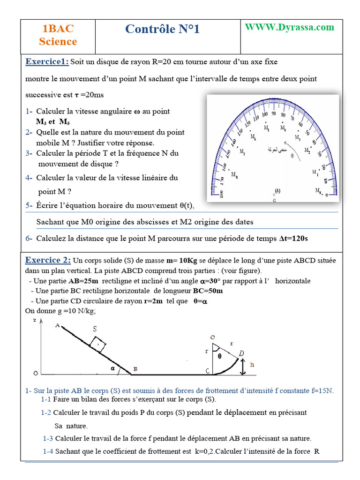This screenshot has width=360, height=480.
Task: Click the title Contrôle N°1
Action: coord(162,30)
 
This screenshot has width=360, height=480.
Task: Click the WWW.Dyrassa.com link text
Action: coord(290,27)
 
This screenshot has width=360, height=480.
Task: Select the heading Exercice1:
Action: coord(47,62)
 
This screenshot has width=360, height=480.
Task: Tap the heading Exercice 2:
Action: coord(48,260)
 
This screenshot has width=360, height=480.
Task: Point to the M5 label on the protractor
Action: coord(266,127)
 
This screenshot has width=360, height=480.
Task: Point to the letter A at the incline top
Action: coord(57,326)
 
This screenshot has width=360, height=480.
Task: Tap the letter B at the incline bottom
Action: coord(135,370)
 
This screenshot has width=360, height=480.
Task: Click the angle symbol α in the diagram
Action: coord(112,368)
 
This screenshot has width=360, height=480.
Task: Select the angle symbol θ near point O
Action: coord(219,356)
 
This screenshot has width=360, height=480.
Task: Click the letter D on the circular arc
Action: coord(241,352)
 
